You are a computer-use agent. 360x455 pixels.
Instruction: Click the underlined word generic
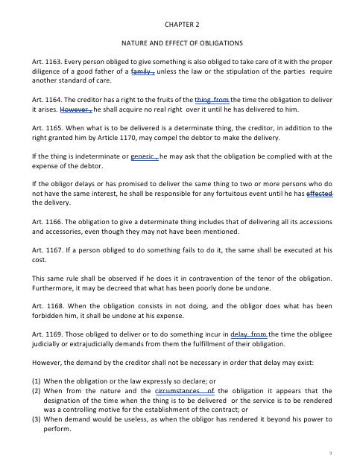(145, 157)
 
